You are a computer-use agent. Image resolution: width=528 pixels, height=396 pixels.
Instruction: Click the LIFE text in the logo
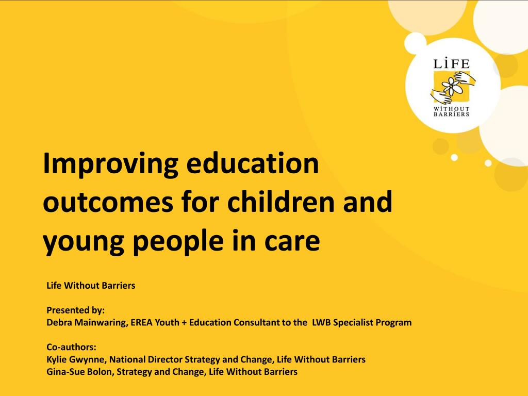click(x=452, y=64)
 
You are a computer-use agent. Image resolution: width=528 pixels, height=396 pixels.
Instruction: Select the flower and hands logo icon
click(x=452, y=86)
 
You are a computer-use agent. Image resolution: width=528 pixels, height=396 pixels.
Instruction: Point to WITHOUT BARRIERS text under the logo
click(x=452, y=111)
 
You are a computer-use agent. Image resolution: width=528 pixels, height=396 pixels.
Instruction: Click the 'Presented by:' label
click(x=75, y=310)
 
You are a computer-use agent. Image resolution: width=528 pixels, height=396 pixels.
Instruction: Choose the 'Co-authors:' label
click(x=72, y=347)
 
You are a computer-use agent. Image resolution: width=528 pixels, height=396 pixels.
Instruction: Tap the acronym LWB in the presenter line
click(x=320, y=323)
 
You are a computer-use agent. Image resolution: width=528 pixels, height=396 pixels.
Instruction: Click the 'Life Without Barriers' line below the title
click(x=91, y=285)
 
